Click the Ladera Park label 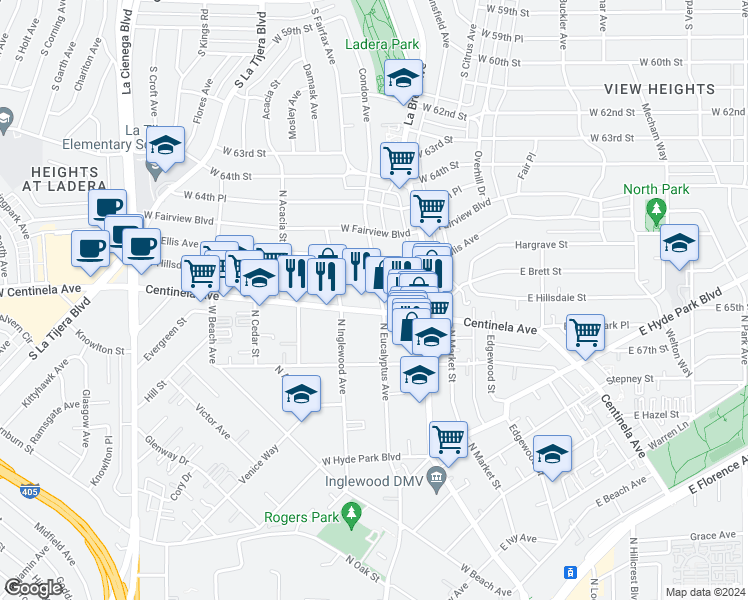[x=381, y=45]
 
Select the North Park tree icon [x=656, y=209]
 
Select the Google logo [x=34, y=588]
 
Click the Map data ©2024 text [x=705, y=592]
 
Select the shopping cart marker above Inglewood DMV [x=449, y=437]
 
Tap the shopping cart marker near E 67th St [x=586, y=329]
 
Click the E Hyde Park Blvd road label [x=684, y=312]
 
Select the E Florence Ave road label [x=719, y=471]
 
